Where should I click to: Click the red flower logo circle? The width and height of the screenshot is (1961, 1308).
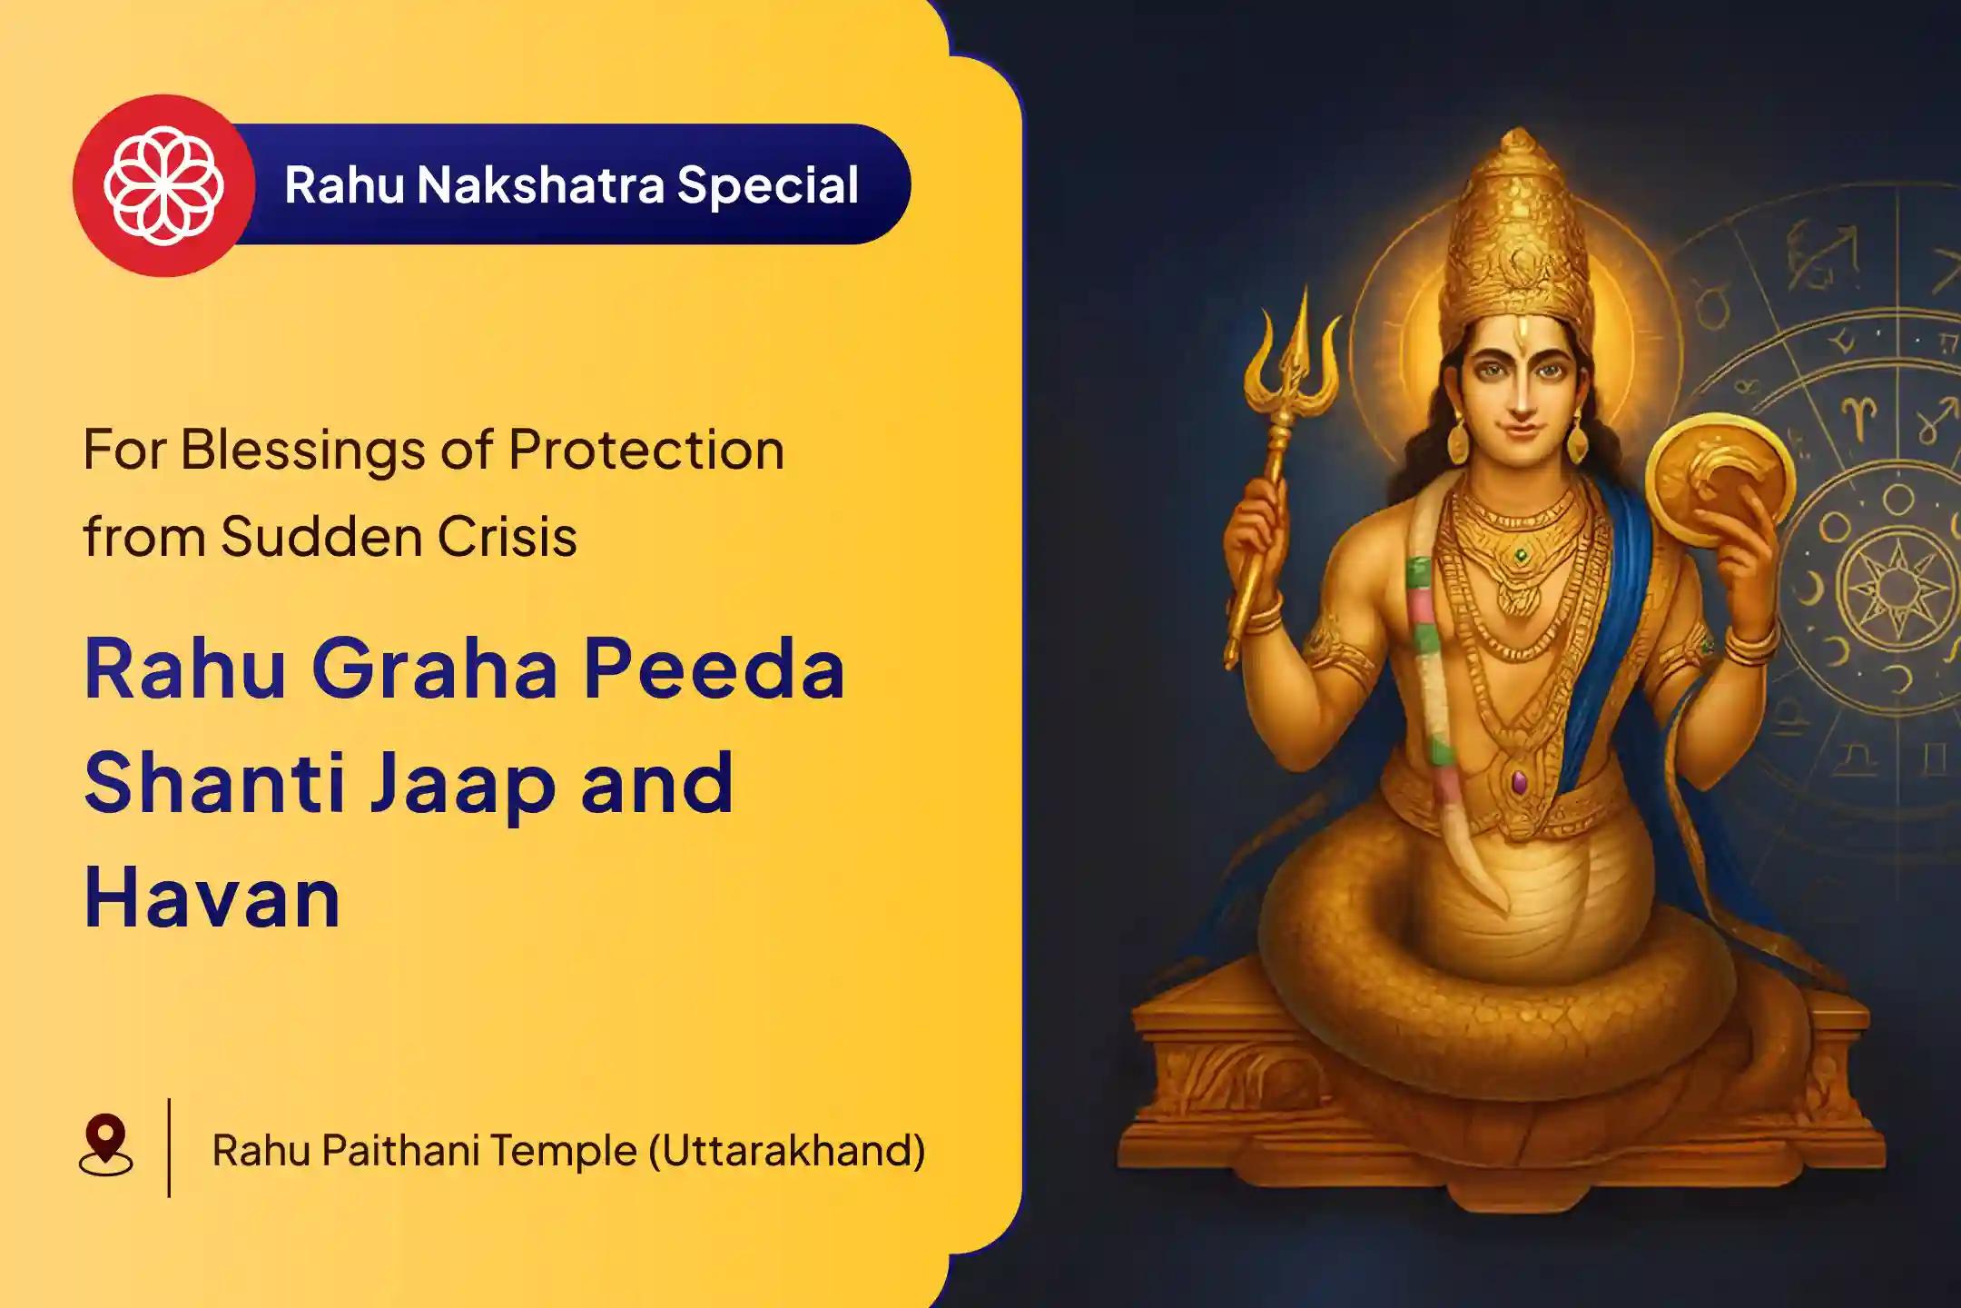pos(163,185)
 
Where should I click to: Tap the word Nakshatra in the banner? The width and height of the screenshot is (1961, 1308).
pos(540,184)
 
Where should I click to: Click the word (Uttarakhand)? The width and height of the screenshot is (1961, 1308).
pos(787,1151)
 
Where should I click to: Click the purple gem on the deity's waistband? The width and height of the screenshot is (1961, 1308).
pos(1519,781)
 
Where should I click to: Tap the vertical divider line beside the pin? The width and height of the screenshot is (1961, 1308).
pos(169,1147)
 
